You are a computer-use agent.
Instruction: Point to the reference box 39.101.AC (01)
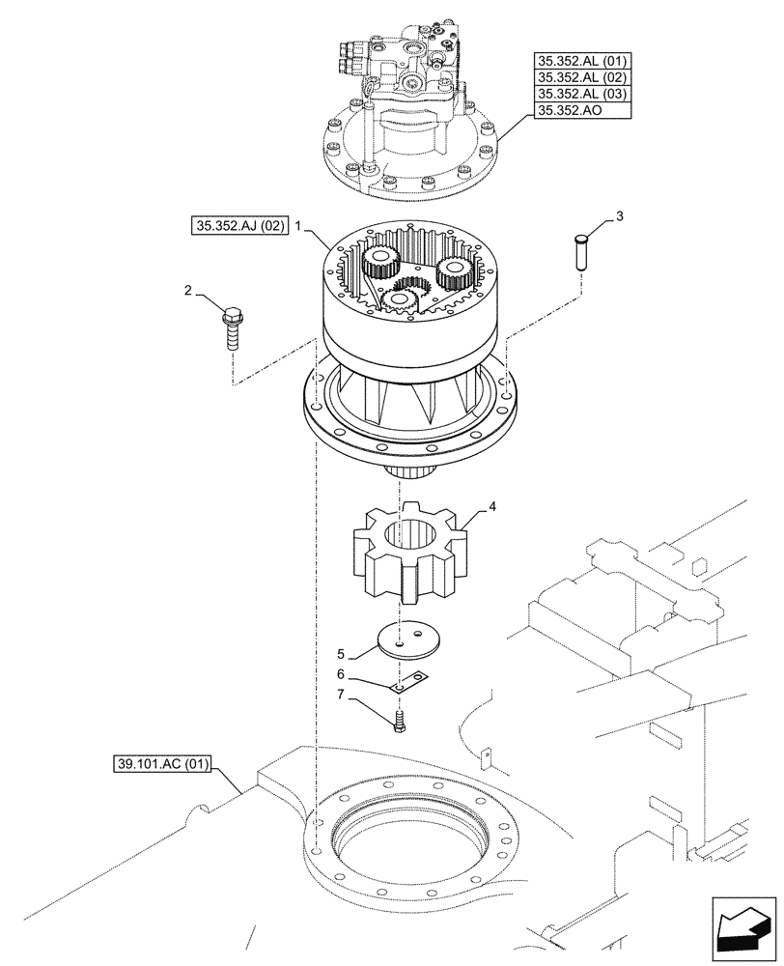(x=159, y=768)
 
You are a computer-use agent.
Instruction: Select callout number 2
(x=189, y=289)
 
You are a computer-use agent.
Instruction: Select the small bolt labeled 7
(x=398, y=721)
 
